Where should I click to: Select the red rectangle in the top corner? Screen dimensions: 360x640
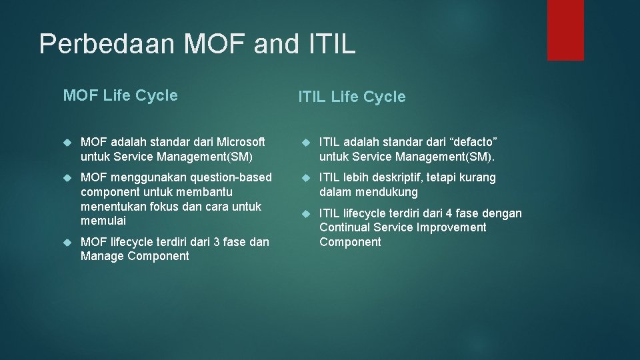point(565,30)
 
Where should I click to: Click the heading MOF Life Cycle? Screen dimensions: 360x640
point(120,95)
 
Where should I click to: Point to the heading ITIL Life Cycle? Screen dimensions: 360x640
point(351,97)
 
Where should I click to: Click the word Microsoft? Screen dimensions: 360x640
point(237,142)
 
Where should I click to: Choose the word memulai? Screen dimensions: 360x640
point(103,221)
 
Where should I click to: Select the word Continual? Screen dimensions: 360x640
point(345,227)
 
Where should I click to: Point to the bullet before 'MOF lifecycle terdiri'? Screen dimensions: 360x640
point(67,243)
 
